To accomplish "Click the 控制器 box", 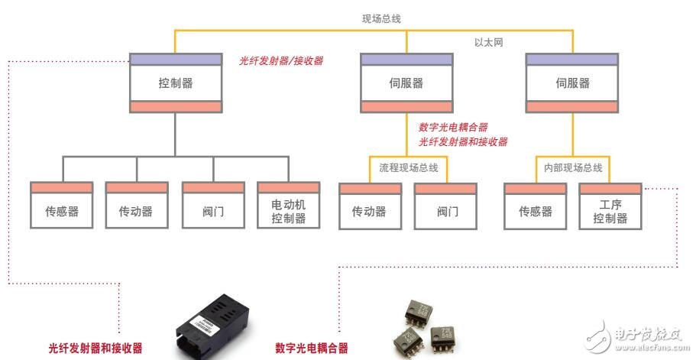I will [x=176, y=83].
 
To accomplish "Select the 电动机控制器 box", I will [x=289, y=206].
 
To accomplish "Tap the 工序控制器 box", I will [x=610, y=206].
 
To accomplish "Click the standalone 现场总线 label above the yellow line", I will [x=382, y=17].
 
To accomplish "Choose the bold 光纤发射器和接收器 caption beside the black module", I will [x=95, y=348].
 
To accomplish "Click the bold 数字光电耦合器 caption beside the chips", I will [x=311, y=348].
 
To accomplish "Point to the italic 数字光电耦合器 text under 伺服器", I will [x=453, y=127].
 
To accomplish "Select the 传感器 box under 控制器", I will [x=62, y=206].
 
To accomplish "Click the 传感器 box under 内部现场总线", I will [x=535, y=206].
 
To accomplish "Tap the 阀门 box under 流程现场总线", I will [x=445, y=206].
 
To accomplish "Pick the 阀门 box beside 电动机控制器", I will [x=213, y=206].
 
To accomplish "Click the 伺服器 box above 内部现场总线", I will [x=572, y=83].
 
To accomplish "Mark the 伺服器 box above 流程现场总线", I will [x=406, y=83].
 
